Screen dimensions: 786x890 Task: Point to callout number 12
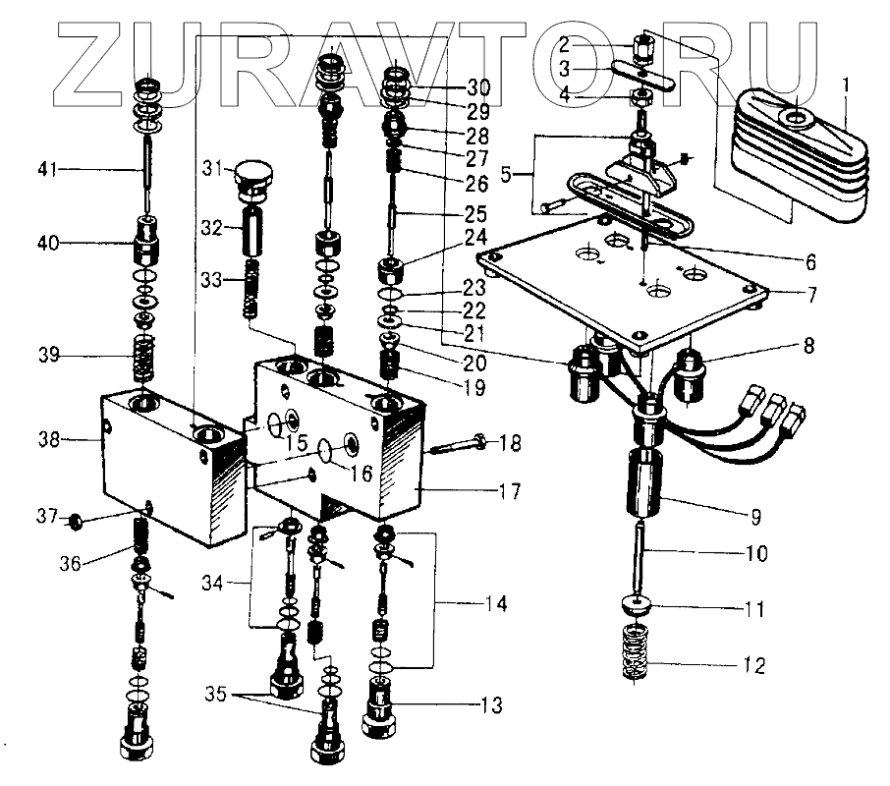point(754,665)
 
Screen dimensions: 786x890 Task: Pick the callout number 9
point(754,514)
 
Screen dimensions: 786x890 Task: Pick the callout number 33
point(210,280)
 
